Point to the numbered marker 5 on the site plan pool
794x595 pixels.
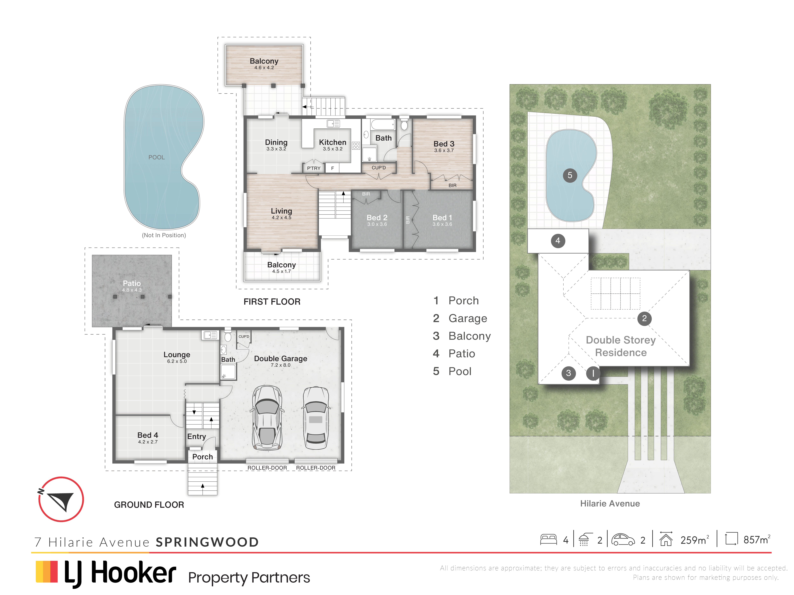tap(570, 175)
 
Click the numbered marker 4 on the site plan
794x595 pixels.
tap(558, 241)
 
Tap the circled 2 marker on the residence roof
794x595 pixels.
tap(644, 318)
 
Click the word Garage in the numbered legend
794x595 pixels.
tap(468, 318)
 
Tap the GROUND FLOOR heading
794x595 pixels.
tap(149, 505)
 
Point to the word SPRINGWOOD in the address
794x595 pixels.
tap(207, 542)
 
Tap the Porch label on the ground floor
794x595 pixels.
tap(202, 456)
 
